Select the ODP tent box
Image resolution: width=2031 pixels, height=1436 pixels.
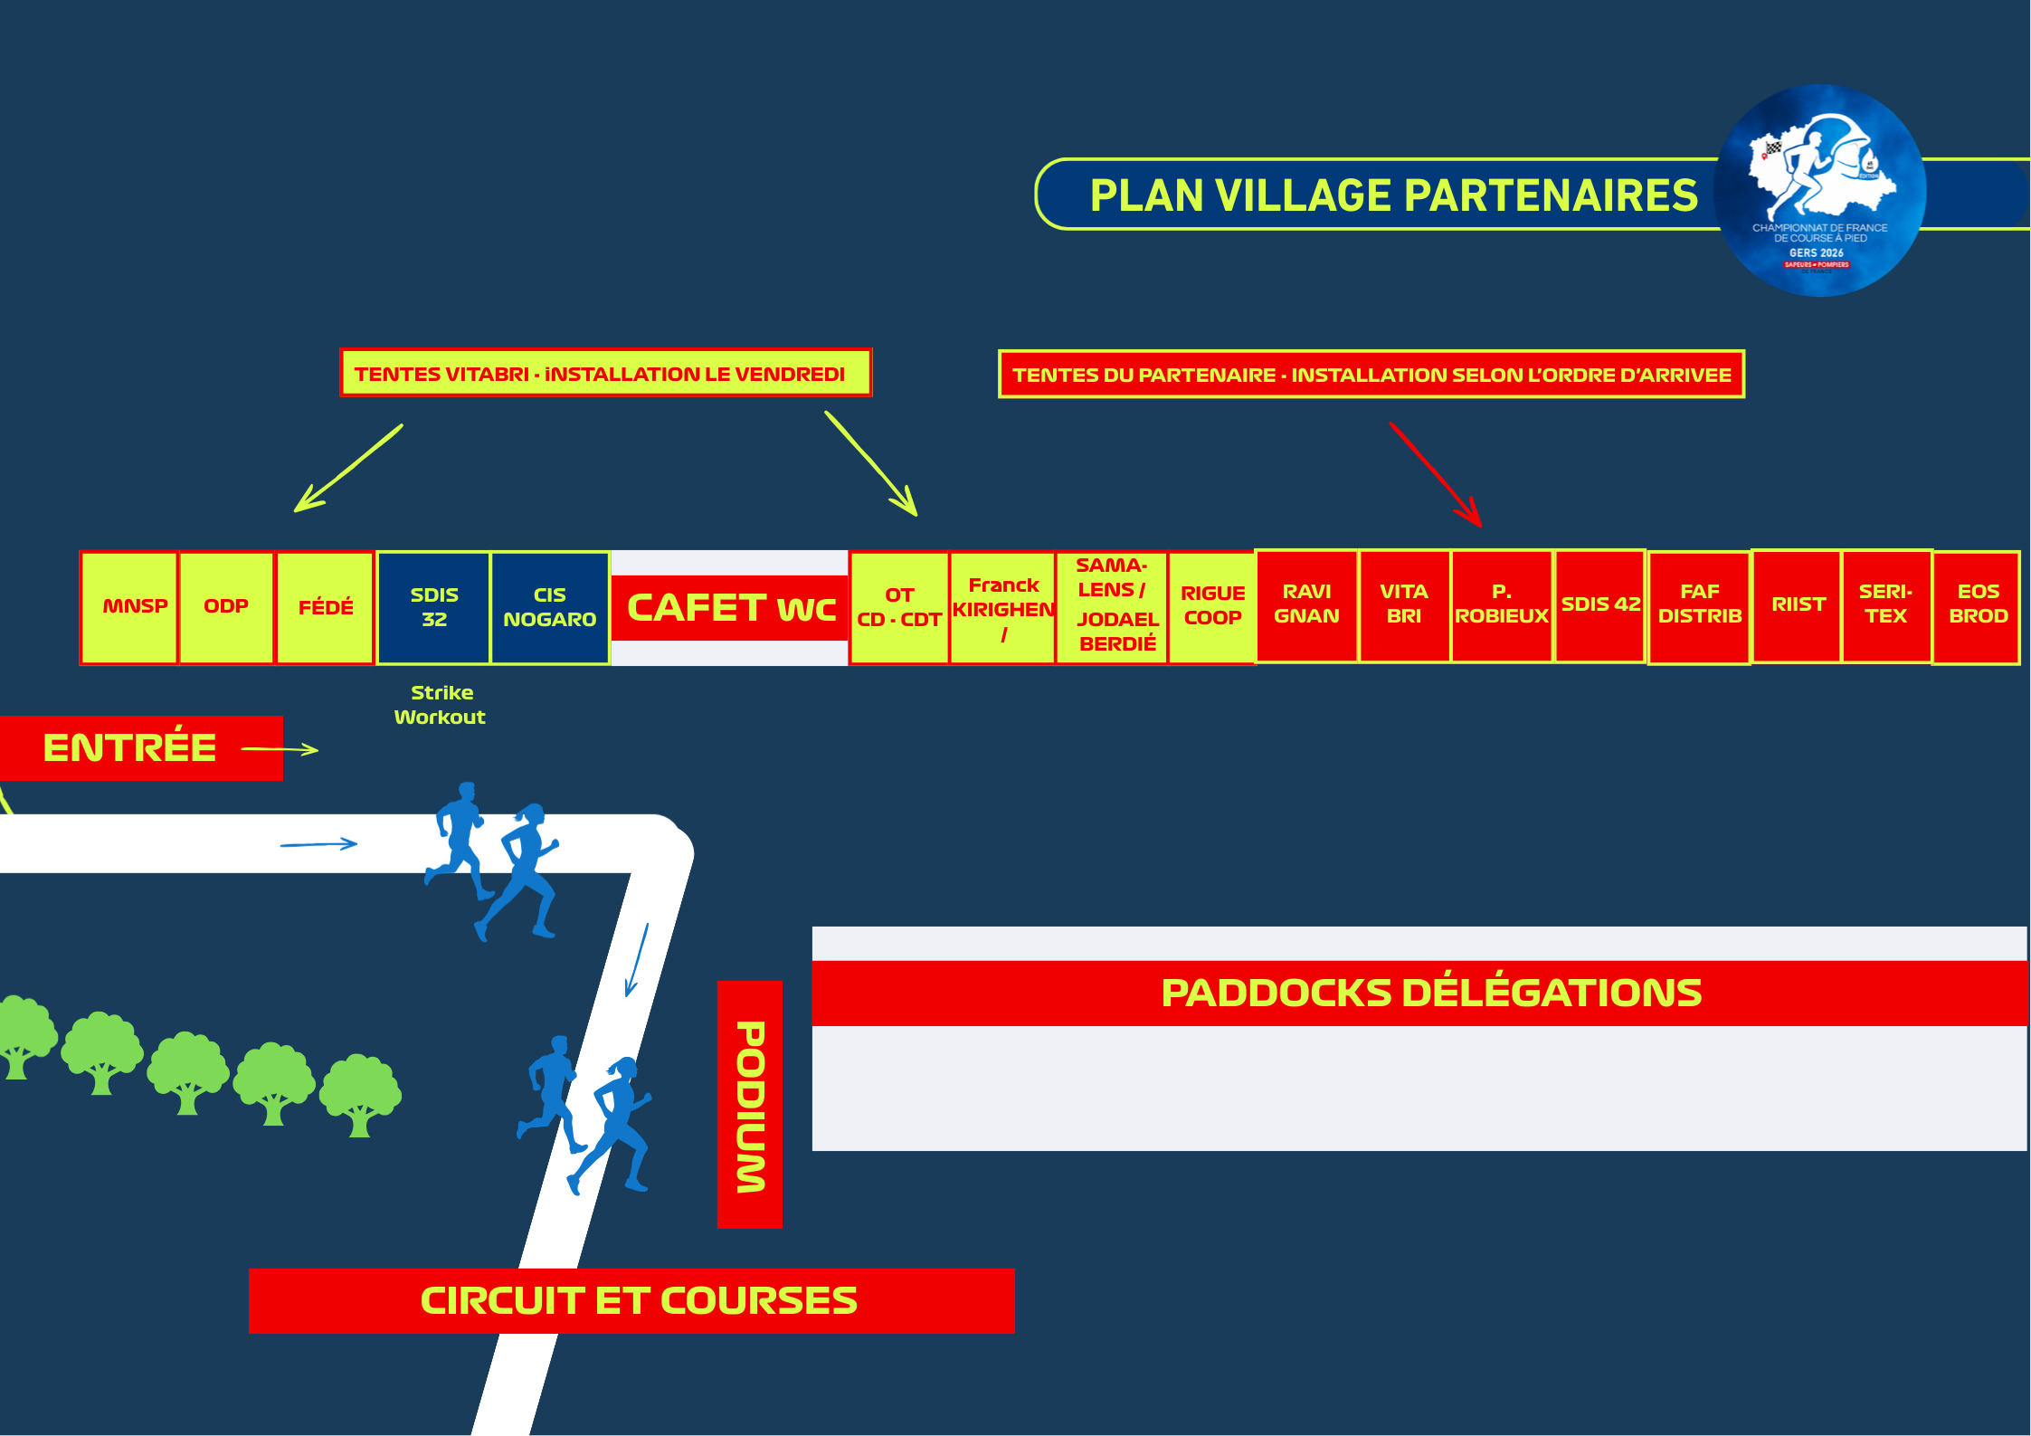coord(226,607)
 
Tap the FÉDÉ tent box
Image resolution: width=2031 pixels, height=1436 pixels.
coord(325,607)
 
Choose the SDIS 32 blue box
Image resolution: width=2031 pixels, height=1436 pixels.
coord(433,607)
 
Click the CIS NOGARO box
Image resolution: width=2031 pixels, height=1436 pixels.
coord(549,607)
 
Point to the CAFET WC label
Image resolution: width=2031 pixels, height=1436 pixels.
coord(730,608)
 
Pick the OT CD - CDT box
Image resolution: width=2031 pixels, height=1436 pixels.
coord(899,607)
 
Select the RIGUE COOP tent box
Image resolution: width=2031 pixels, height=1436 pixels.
coord(1212,606)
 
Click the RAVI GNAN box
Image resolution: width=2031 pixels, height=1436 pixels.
coord(1306,604)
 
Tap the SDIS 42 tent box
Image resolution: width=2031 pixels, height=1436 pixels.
coord(1599,604)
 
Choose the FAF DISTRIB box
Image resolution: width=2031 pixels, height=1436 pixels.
coord(1699,605)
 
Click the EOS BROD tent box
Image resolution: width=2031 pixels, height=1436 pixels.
coord(1977,605)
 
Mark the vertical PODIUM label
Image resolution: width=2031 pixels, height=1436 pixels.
coord(750,1105)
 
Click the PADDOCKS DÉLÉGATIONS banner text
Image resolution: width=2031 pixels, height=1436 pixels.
coord(1431,993)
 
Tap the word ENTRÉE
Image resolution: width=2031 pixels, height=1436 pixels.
coord(130,748)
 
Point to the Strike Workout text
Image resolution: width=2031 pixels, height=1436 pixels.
coord(441,705)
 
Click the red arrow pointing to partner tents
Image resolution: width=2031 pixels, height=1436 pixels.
coord(1436,474)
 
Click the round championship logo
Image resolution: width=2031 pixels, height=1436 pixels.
coord(1819,191)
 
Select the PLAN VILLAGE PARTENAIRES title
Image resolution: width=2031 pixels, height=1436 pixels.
coord(1393,195)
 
